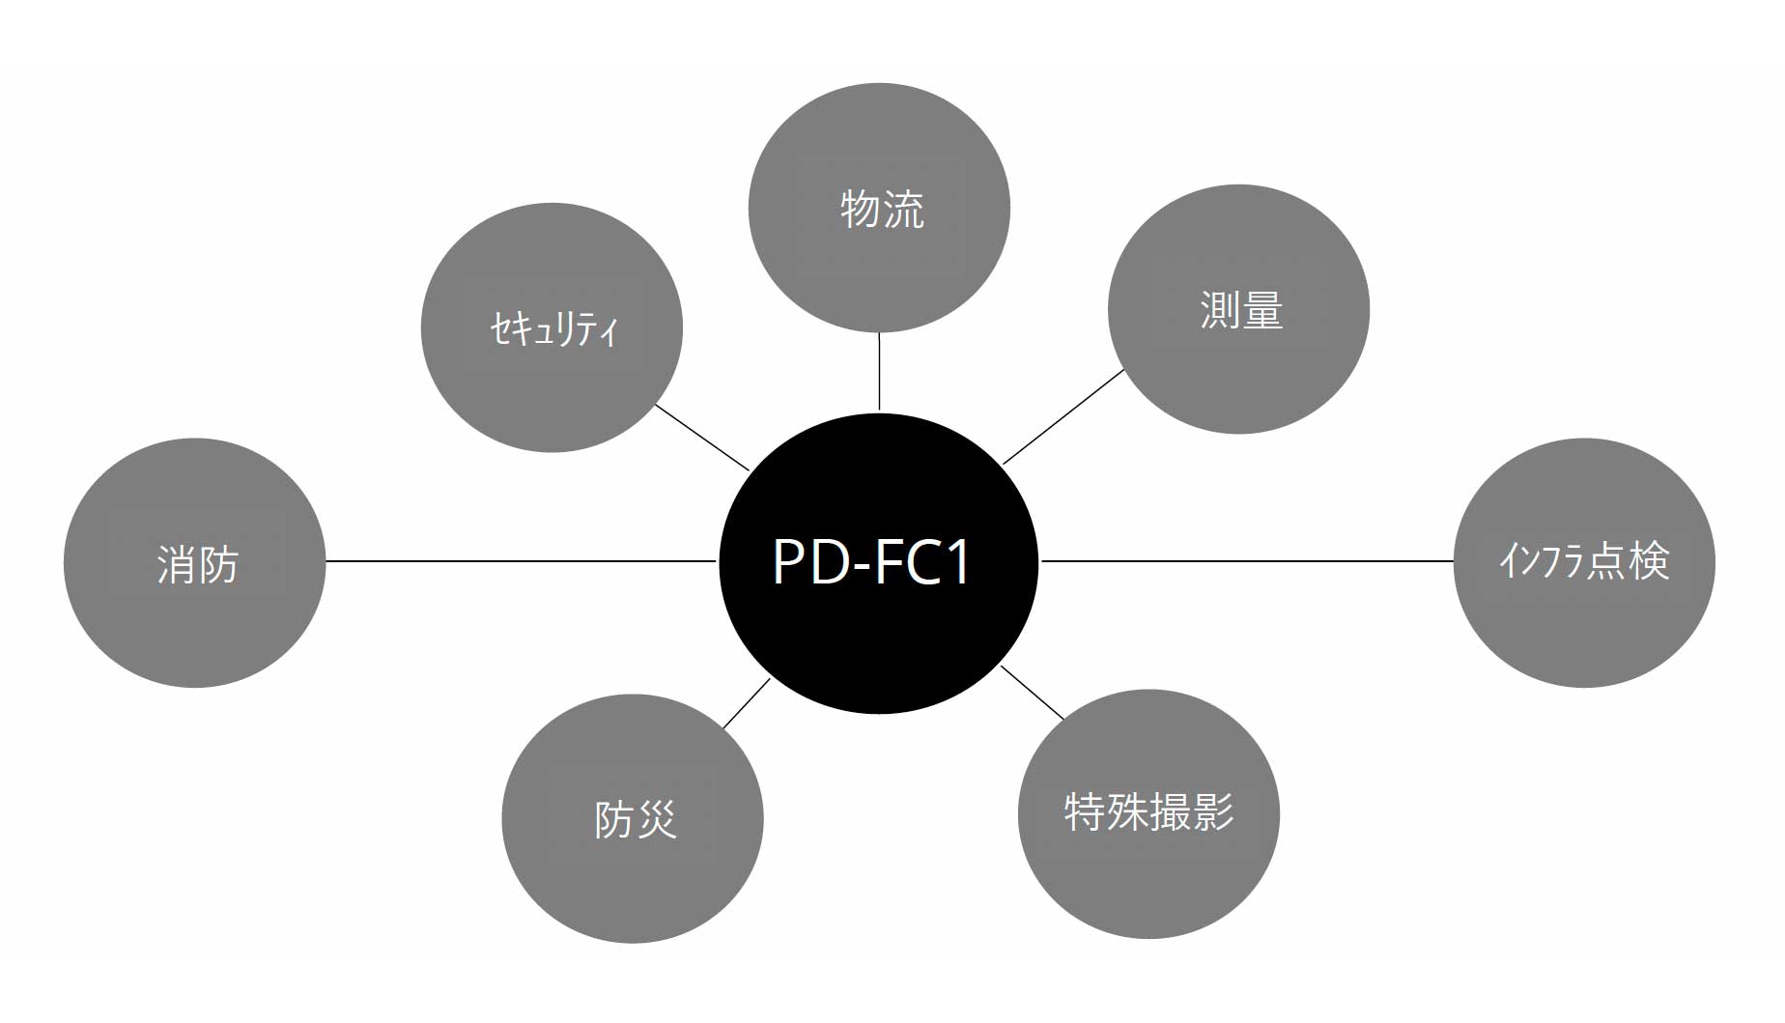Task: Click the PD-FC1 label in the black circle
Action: click(871, 562)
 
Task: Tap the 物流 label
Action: click(881, 209)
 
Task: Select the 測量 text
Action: click(1241, 310)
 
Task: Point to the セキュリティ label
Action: click(553, 329)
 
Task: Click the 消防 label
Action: click(197, 564)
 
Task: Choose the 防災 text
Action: click(635, 820)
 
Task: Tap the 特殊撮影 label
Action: click(1148, 811)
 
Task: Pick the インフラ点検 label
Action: click(1584, 561)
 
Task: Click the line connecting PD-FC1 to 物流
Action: click(879, 372)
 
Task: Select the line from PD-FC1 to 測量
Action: click(1063, 416)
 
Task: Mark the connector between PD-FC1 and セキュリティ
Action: click(702, 438)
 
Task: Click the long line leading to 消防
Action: click(522, 560)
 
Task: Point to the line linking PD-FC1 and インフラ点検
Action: click(1246, 560)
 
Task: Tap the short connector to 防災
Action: click(746, 703)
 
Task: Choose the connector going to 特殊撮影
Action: click(1033, 693)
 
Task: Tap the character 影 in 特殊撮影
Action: click(1214, 811)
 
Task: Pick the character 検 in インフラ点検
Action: click(1649, 561)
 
